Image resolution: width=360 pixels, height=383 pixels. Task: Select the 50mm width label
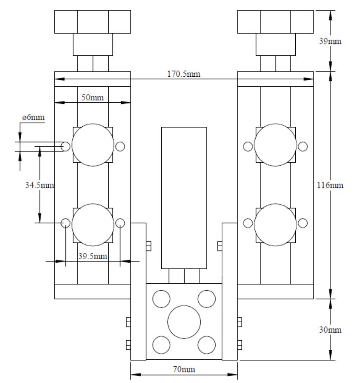coord(92,97)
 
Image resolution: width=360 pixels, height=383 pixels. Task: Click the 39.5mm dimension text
coord(92,256)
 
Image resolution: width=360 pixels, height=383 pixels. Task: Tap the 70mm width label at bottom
coord(184,370)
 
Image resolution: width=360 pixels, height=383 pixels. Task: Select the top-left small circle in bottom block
coord(161,298)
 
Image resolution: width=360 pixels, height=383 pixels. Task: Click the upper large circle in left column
coord(92,145)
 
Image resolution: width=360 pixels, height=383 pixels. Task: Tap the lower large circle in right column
coord(275,223)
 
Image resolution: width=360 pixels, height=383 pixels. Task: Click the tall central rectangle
coord(184,198)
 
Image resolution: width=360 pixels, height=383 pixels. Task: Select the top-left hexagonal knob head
coord(92,22)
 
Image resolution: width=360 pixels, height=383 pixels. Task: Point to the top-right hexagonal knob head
coord(275,22)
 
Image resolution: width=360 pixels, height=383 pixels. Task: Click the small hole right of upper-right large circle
coord(303,147)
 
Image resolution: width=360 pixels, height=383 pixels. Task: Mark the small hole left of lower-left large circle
coord(66,223)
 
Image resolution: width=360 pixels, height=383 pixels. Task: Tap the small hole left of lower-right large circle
coord(248,223)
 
